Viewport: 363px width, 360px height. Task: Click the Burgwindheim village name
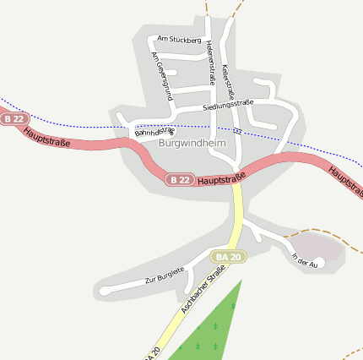click(x=191, y=144)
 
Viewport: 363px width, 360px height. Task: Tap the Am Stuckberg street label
click(x=179, y=39)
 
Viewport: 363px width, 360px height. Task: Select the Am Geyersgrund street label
click(x=161, y=76)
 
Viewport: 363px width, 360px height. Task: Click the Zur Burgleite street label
click(x=165, y=275)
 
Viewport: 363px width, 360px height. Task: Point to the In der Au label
click(x=303, y=261)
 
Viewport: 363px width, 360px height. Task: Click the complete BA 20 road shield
click(x=229, y=256)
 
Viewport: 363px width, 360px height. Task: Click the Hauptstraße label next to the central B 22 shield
click(x=222, y=177)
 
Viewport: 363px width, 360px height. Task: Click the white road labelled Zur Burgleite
click(x=135, y=286)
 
